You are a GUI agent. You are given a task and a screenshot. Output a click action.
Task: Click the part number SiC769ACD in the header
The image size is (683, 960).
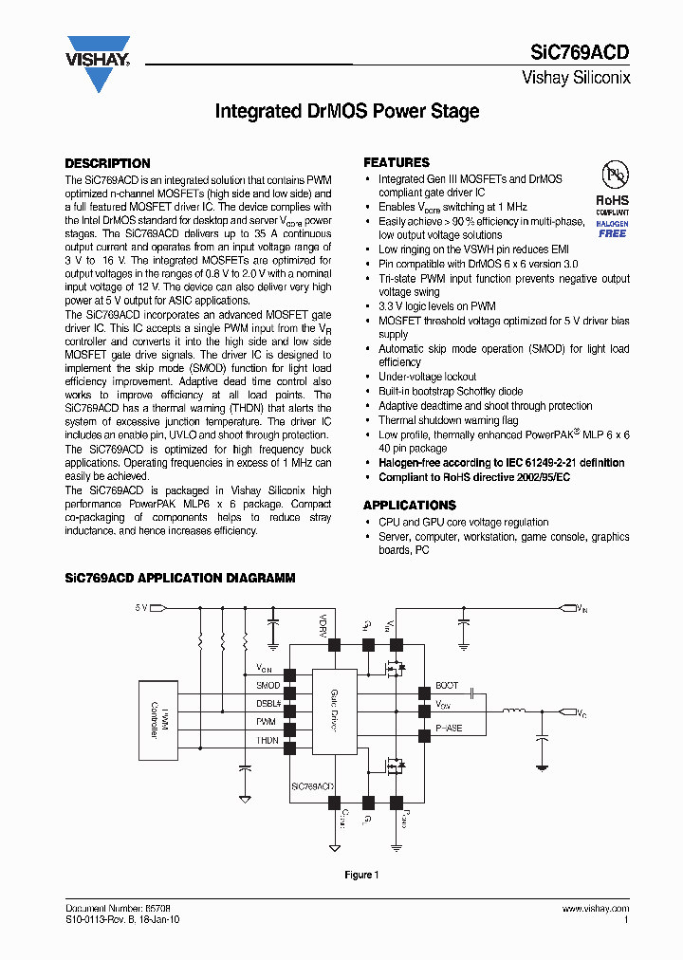coord(580,53)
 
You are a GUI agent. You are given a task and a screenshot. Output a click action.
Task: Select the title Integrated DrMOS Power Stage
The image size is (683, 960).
coord(347,111)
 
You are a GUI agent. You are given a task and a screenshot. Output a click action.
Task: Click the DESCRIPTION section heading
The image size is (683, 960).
coord(107,163)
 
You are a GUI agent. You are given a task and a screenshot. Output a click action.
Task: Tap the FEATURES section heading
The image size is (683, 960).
coord(397,163)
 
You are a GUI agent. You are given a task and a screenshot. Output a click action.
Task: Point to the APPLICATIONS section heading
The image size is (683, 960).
coord(410,506)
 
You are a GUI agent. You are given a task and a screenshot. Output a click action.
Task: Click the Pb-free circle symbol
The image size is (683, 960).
coord(613,175)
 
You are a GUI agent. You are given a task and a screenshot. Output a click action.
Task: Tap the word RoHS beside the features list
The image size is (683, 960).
coord(612,200)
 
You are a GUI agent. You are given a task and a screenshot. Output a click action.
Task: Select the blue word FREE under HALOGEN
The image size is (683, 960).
coord(612,233)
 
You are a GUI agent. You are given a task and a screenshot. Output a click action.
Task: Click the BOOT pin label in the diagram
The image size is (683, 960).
coord(446,685)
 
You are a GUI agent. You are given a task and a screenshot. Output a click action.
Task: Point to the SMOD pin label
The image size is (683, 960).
coord(268,685)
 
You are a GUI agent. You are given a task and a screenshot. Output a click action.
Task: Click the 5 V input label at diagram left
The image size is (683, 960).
coord(141,606)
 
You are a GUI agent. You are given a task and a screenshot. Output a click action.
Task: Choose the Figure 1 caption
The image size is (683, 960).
coord(361,875)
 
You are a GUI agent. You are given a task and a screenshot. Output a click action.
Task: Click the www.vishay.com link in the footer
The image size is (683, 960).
coord(596,909)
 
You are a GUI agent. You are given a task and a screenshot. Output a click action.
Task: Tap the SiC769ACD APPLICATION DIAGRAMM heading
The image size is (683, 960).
coord(179,578)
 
